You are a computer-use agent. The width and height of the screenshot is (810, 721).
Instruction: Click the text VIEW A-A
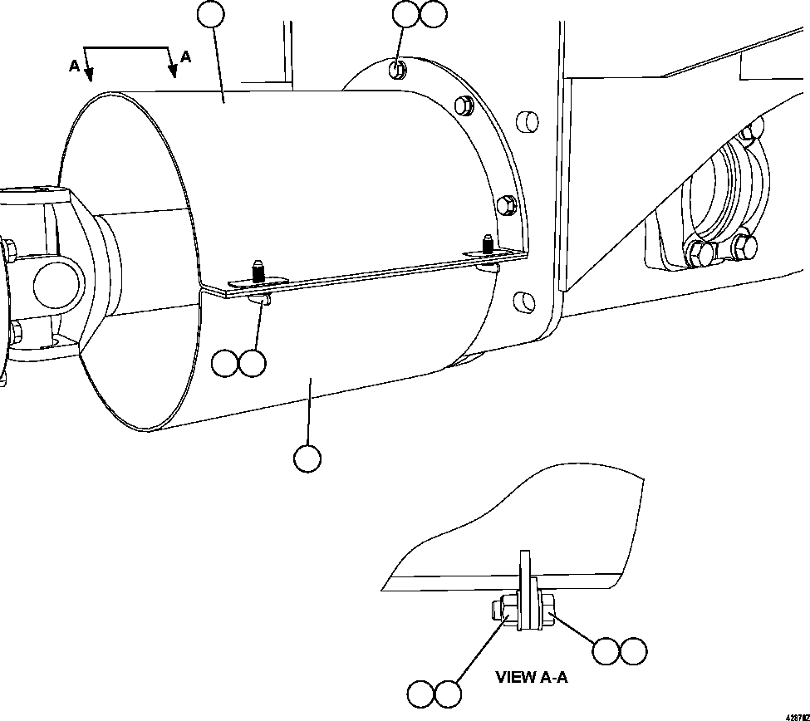(532, 677)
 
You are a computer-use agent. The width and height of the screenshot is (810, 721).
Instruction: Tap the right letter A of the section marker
(185, 57)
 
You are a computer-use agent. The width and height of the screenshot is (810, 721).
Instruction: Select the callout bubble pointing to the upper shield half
(212, 13)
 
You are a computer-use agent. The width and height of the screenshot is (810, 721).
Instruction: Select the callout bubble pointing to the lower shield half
(307, 459)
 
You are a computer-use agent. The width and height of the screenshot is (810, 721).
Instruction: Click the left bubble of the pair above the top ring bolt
(406, 13)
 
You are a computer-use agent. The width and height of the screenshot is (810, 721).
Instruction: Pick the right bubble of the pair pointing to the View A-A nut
(634, 651)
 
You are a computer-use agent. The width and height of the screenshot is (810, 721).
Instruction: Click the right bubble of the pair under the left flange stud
(253, 363)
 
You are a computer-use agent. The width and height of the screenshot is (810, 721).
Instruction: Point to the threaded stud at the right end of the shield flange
(488, 245)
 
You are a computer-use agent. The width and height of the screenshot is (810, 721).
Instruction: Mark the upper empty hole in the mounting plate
(527, 121)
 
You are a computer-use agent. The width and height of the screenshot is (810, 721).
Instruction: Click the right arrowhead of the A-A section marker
(173, 72)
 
